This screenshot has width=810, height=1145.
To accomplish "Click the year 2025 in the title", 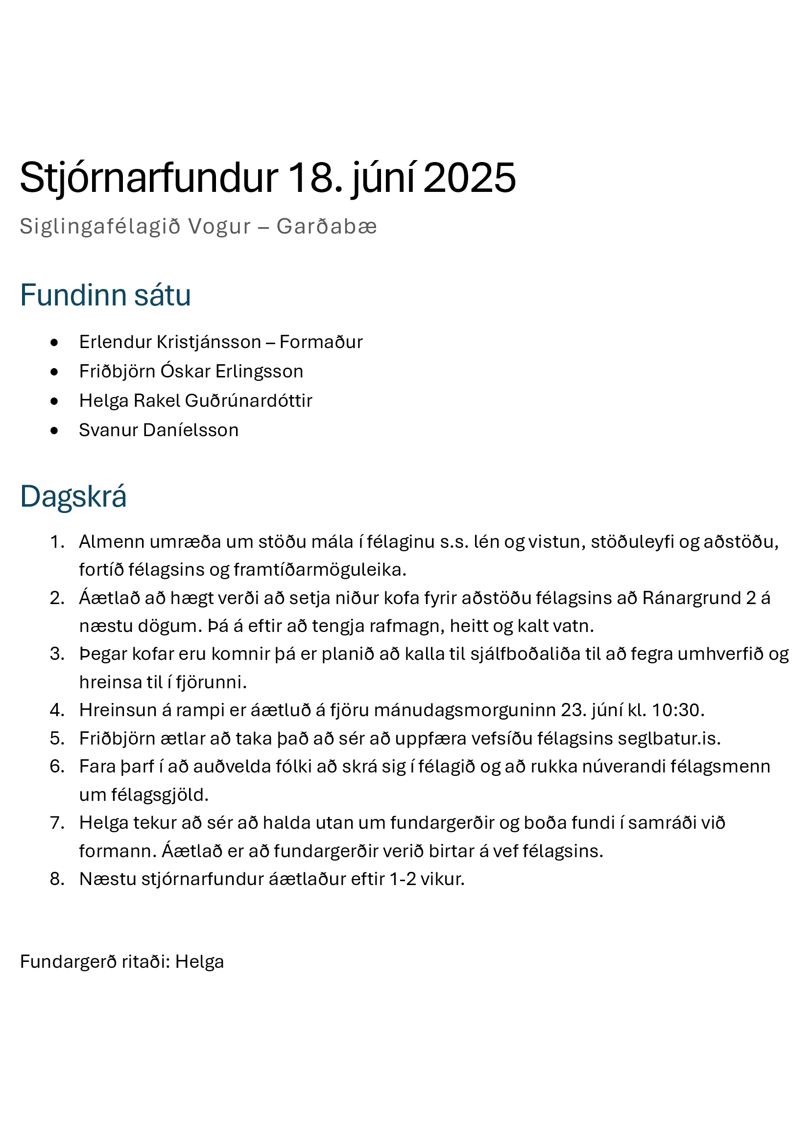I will (x=469, y=178).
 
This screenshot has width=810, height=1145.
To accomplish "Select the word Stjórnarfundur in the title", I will (x=149, y=178).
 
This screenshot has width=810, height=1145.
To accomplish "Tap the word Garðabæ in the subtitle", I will (x=327, y=227).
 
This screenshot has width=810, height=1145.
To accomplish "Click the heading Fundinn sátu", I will (x=105, y=295).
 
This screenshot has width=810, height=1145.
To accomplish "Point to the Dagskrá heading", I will (x=73, y=497).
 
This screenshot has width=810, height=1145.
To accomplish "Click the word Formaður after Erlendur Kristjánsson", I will (x=321, y=342).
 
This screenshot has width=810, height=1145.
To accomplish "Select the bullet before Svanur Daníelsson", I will (x=54, y=430).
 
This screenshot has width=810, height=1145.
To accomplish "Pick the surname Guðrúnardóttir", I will (x=248, y=401).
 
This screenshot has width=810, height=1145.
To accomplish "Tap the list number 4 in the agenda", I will (x=57, y=710).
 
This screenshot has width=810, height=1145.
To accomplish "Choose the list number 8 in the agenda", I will (x=57, y=879).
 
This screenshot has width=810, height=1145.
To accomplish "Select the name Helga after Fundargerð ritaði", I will (x=199, y=962).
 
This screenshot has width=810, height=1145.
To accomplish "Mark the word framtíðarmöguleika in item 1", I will (x=319, y=569).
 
